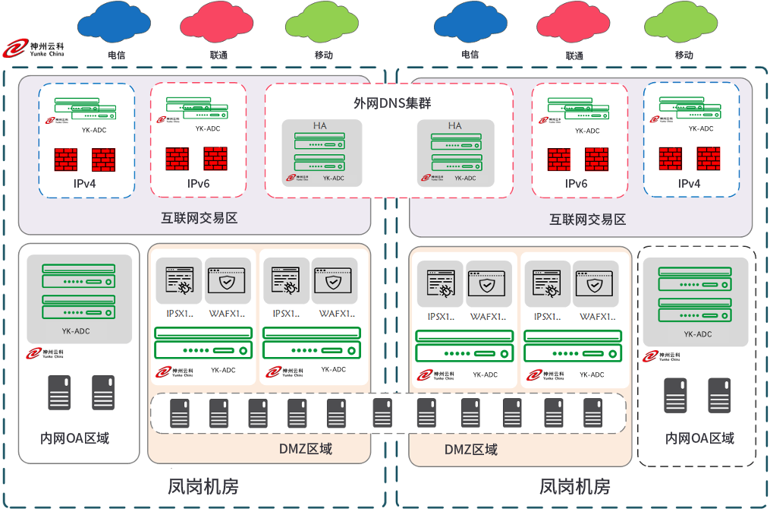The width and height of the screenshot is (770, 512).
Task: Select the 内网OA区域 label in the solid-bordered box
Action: tap(74, 438)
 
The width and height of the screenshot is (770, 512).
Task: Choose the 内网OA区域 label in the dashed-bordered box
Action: tap(699, 439)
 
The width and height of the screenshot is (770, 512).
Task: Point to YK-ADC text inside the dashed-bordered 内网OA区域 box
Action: tap(698, 334)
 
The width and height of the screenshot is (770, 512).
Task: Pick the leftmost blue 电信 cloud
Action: tap(115, 23)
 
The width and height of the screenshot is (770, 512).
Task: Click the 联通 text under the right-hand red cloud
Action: tap(574, 55)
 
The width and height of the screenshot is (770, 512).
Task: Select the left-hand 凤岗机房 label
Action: tap(203, 486)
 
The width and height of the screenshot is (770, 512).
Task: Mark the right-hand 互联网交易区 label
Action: tap(587, 220)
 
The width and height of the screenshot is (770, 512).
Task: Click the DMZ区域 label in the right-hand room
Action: tap(471, 450)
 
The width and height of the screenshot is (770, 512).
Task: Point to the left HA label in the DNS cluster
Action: tap(320, 125)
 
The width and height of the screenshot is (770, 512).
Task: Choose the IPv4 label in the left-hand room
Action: tap(84, 184)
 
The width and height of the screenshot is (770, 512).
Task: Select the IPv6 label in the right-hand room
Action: tap(577, 184)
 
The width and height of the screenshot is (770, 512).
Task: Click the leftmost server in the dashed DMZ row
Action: tap(179, 413)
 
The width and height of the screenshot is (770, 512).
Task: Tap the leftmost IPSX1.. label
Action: tap(179, 314)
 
